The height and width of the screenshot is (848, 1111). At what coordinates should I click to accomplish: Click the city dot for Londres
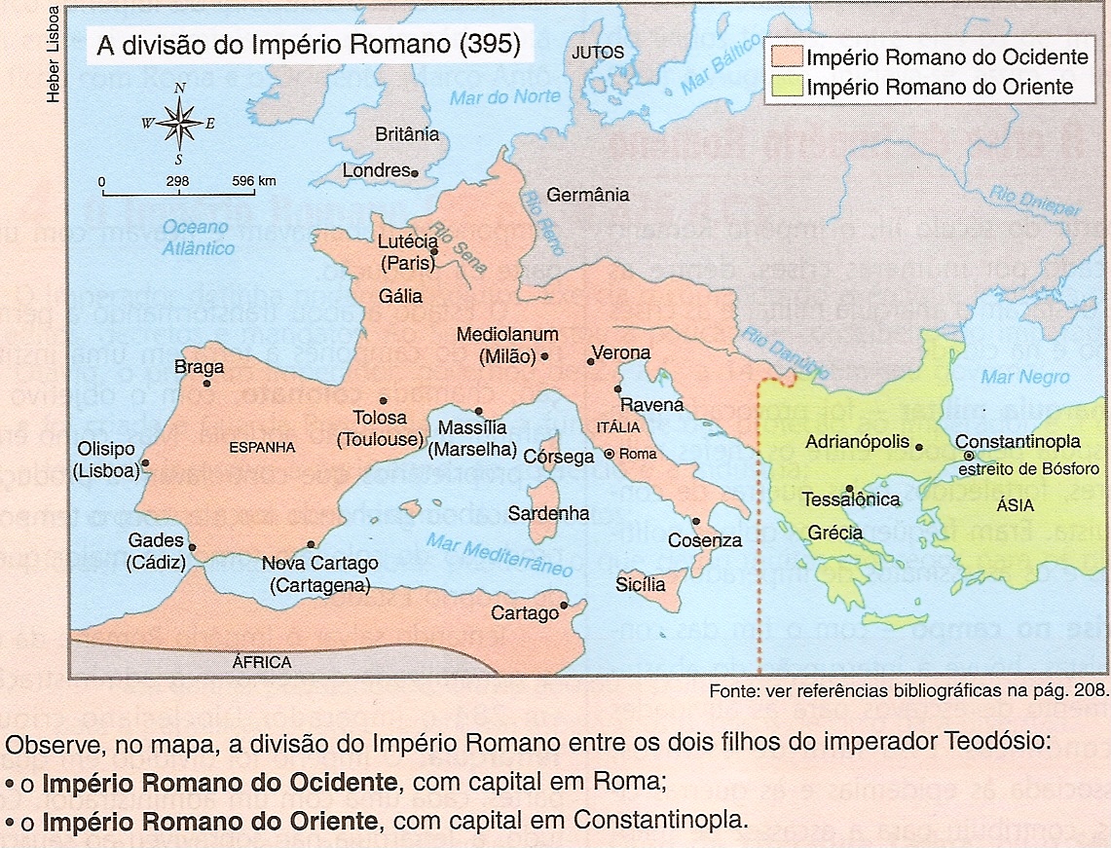click(x=415, y=174)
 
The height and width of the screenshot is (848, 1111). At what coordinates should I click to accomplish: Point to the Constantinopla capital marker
click(x=969, y=456)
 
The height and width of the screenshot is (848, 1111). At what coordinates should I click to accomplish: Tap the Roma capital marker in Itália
click(x=610, y=454)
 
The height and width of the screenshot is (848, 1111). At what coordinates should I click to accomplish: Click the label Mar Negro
click(x=1024, y=377)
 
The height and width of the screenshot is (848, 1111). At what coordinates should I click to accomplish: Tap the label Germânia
click(x=587, y=195)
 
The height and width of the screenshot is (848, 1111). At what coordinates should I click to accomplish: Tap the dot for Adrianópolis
click(x=919, y=447)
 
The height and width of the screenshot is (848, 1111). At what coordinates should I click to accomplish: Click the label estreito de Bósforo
click(x=1027, y=469)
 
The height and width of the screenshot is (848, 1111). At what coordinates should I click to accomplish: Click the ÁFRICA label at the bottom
click(x=262, y=663)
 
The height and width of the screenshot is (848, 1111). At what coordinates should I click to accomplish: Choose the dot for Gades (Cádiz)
click(x=193, y=548)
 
